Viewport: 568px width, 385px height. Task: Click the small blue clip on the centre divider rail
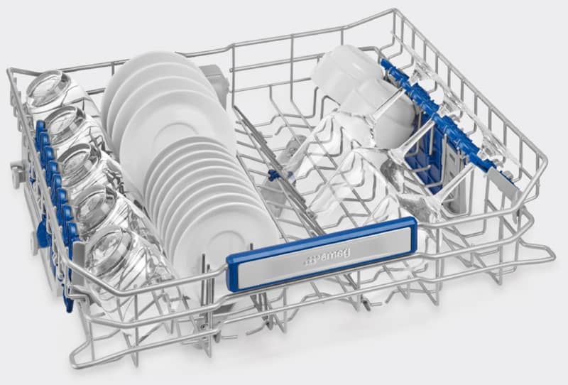click(271, 175)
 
